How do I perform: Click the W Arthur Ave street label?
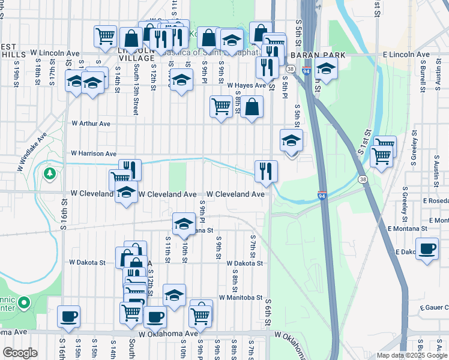coord(91,124)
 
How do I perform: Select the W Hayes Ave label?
coord(246,86)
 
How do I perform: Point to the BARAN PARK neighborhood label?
coord(318,55)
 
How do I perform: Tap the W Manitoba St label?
coord(241,297)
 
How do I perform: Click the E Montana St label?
coord(407,229)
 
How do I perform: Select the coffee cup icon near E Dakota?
coord(427,250)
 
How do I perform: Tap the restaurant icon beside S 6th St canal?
coord(265,170)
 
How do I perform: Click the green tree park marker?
coord(50,174)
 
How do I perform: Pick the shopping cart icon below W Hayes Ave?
coord(221,107)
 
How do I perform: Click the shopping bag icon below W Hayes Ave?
coord(252,106)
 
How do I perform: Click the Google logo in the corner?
coord(20,353)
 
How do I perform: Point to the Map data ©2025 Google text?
coord(412,355)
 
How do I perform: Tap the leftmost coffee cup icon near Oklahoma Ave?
coord(68,316)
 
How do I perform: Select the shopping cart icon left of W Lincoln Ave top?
coord(105,36)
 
